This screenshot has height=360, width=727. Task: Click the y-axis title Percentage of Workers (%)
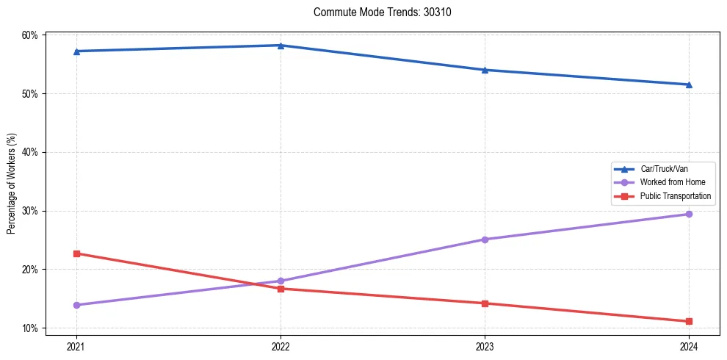(x=12, y=184)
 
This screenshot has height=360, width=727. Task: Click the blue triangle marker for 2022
(x=281, y=46)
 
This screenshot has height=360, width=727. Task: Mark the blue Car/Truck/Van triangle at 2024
(x=689, y=84)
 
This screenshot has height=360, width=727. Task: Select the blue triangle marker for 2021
(x=76, y=51)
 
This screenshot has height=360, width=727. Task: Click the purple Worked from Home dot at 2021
(x=76, y=305)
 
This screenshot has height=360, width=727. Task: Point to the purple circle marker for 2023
(x=485, y=240)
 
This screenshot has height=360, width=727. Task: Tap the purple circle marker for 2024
(x=689, y=215)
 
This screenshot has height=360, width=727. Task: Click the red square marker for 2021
(x=76, y=253)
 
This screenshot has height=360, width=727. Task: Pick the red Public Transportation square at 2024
(x=689, y=321)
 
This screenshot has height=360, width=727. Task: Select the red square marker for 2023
(x=485, y=303)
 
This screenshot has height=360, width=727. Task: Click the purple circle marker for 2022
(x=281, y=281)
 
